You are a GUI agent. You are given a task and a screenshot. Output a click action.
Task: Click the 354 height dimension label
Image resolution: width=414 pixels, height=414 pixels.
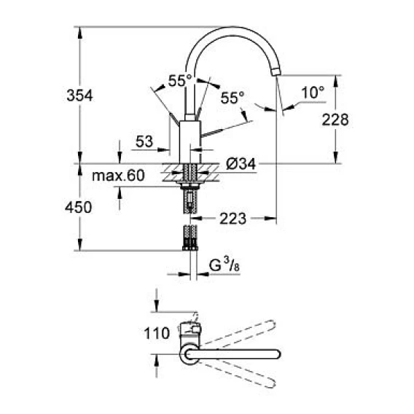point(79,95)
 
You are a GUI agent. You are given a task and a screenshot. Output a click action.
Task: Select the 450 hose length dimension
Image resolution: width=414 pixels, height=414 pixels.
point(79,207)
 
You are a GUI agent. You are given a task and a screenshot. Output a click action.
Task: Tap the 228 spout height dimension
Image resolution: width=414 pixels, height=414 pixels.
point(335,120)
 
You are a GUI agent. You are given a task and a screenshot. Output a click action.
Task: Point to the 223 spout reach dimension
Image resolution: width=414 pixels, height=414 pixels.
point(233,219)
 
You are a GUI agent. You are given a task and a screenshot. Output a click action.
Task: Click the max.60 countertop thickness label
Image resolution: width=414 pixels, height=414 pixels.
point(118,176)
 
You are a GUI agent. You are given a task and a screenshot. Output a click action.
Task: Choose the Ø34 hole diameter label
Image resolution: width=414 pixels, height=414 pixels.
point(241,164)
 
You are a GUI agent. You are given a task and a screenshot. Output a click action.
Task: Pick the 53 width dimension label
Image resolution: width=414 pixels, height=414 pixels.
point(144,141)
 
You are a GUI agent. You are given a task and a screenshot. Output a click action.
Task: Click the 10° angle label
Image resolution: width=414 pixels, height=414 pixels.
point(313,92)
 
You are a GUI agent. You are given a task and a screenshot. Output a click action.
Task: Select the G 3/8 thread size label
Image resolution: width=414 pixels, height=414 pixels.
point(224,265)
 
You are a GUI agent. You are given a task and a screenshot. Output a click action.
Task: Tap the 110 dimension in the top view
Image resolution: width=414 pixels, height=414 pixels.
point(157,333)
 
